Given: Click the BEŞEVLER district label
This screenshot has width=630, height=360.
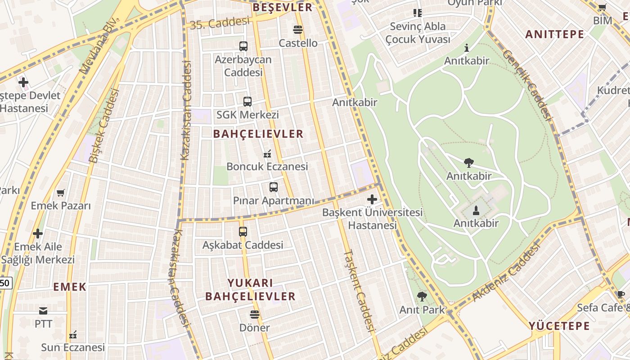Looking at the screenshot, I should [x=282, y=7].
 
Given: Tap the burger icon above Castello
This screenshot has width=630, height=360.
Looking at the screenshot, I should [x=297, y=30].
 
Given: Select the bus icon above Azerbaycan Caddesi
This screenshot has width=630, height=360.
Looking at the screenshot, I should [x=243, y=46].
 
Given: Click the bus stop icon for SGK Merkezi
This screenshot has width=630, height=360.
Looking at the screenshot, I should [x=247, y=102].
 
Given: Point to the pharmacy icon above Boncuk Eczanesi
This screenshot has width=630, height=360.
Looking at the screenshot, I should [x=267, y=154].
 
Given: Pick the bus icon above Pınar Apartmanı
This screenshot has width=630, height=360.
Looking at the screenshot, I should [x=273, y=187].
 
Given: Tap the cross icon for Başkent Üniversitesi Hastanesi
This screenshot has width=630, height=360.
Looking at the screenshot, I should [x=372, y=199].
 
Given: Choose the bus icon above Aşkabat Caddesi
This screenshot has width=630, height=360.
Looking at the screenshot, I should [x=243, y=232].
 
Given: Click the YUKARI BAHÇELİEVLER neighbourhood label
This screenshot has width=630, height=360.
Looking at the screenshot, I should [x=250, y=289].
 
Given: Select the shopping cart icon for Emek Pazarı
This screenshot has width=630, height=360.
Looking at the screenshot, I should [x=61, y=193].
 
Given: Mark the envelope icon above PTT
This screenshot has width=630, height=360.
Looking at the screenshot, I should [x=43, y=310].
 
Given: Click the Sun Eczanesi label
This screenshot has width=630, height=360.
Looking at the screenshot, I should [x=73, y=347].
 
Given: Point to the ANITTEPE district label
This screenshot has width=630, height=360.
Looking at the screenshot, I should [x=554, y=34].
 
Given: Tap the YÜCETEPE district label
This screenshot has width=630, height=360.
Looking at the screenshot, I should [x=559, y=326].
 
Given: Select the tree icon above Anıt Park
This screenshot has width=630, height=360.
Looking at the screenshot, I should [x=422, y=296].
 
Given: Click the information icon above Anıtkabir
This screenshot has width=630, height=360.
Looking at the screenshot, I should [x=467, y=47].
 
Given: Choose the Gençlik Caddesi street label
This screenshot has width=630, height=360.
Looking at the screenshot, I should [x=526, y=84].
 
